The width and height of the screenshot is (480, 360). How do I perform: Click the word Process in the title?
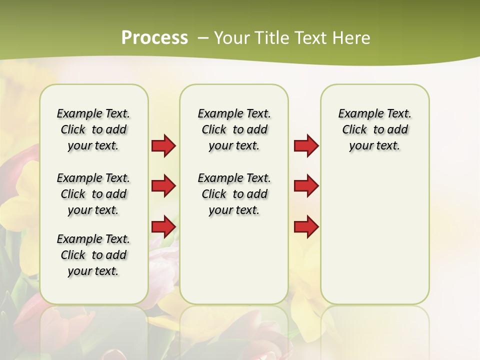coord(154,37)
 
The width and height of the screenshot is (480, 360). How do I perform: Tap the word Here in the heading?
coord(352,38)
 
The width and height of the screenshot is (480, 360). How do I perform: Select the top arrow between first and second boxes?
coord(163,146)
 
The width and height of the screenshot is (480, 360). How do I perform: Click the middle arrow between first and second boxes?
coord(163,186)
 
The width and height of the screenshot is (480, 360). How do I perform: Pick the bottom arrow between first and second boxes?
coord(163,227)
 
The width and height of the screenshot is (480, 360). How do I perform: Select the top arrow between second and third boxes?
coord(306,146)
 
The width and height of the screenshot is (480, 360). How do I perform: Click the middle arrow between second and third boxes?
coord(306,186)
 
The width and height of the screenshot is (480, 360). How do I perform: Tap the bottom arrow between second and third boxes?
coord(306,227)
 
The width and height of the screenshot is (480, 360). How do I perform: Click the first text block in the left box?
coord(93,129)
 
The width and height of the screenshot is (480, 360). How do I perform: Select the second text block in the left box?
coord(93,194)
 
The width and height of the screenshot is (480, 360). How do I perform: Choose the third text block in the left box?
coord(93,255)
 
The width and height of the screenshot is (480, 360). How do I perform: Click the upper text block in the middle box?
coord(234,129)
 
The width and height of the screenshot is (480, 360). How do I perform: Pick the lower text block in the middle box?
coord(234,194)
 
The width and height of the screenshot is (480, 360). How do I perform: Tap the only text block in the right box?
coord(374,129)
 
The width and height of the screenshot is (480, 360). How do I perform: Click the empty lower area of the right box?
coord(374,240)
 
